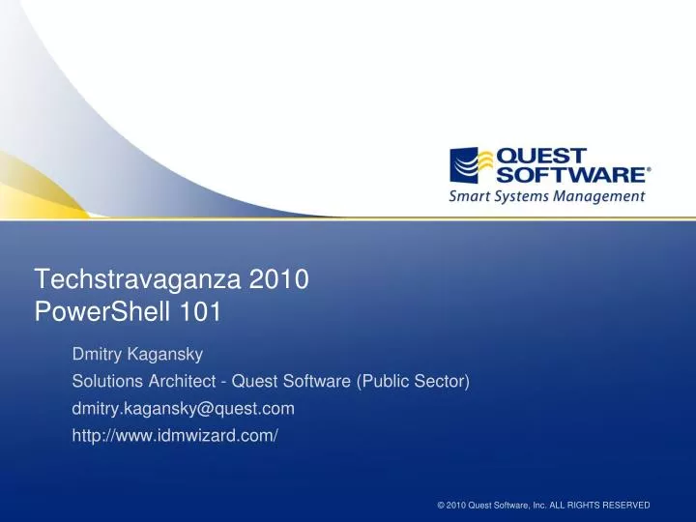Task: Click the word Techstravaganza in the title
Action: (x=139, y=281)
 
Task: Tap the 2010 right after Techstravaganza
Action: (x=278, y=281)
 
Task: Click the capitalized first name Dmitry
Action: (x=99, y=354)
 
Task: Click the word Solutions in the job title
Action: (x=105, y=381)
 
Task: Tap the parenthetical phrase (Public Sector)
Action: (x=413, y=381)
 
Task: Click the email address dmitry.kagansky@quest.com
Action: (x=184, y=408)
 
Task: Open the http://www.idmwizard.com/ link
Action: (x=175, y=435)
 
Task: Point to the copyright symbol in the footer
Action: (x=441, y=506)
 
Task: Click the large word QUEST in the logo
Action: (x=540, y=157)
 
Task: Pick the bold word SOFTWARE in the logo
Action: (x=569, y=175)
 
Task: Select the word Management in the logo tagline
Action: (x=605, y=196)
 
